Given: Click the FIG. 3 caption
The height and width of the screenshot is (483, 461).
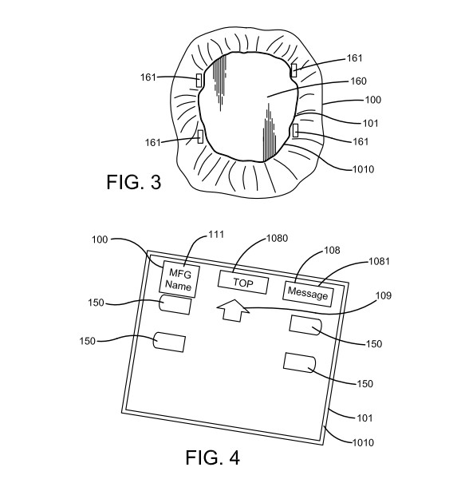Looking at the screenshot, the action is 133,182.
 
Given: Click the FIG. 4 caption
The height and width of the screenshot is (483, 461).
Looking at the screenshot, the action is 212,457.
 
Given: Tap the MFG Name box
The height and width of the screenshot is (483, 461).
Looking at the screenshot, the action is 179,279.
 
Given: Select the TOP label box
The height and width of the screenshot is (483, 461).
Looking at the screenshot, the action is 242,283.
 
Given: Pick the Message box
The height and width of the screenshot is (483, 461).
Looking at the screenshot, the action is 308,294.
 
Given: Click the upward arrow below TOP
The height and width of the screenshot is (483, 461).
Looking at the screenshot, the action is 233,311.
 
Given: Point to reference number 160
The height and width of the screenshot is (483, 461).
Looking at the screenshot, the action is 359,81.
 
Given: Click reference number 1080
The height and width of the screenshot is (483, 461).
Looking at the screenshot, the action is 277,238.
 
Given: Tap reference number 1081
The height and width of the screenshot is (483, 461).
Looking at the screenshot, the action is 379,261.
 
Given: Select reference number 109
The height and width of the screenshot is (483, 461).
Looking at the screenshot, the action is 384,295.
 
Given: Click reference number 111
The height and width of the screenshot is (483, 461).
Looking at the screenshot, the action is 216,235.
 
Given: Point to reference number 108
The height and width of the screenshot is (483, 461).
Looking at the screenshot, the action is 332,250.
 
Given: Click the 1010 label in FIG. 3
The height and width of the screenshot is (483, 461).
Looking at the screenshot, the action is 363,169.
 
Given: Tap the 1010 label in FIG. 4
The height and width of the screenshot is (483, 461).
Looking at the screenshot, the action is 363,442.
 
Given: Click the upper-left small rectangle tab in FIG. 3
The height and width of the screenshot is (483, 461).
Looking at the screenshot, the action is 199,80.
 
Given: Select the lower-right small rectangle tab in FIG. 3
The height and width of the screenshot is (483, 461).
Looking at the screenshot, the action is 295,130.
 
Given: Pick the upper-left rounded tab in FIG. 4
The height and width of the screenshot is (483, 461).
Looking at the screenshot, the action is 175,304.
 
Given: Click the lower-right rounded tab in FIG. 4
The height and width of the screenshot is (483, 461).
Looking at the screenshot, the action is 299,363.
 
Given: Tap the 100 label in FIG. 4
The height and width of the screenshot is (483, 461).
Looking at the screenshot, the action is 100,240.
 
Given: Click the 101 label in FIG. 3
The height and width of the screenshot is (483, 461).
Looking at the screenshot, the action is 371,123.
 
